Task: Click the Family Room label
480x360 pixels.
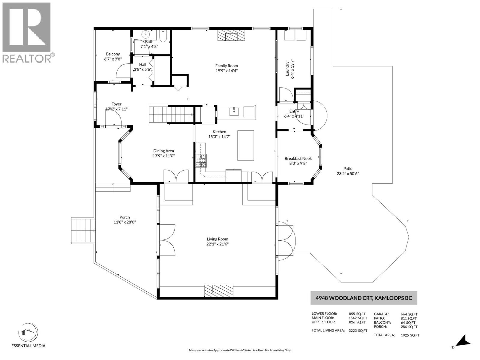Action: pyautogui.click(x=226, y=66)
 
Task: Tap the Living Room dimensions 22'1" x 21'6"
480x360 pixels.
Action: pyautogui.click(x=217, y=244)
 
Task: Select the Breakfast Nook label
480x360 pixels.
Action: pyautogui.click(x=298, y=158)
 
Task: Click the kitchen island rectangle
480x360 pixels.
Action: pyautogui.click(x=246, y=145)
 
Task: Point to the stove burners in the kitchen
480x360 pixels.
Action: pyautogui.click(x=201, y=160)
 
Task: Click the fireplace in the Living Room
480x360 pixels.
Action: pyautogui.click(x=219, y=290)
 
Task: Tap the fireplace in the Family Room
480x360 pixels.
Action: pyautogui.click(x=231, y=35)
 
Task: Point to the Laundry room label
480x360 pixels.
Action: pyautogui.click(x=287, y=68)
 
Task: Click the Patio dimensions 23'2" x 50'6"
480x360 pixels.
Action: pyautogui.click(x=348, y=173)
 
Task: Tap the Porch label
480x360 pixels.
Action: pyautogui.click(x=124, y=217)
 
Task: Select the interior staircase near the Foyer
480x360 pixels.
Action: pyautogui.click(x=171, y=114)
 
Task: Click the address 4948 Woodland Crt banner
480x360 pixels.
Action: pyautogui.click(x=364, y=298)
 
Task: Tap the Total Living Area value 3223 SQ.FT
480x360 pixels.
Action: pyautogui.click(x=358, y=331)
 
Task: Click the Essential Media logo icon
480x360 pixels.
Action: pyautogui.click(x=28, y=333)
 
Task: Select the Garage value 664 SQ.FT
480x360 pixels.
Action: pyautogui.click(x=409, y=314)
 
